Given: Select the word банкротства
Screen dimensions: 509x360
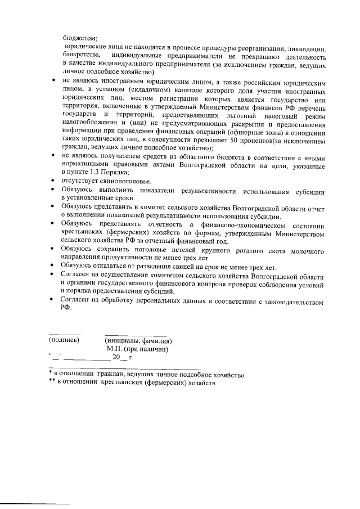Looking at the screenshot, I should coord(82,55).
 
